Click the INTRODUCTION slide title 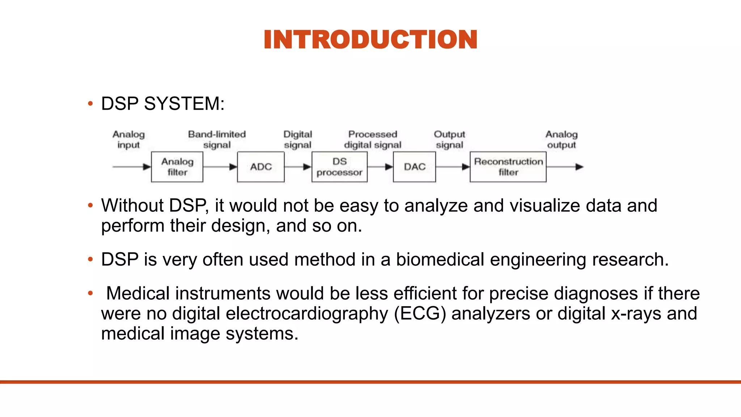pos(370,39)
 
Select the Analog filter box pos(177,167)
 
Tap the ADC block pos(261,167)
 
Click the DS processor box pos(339,167)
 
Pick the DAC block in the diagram pos(414,167)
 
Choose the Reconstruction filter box pos(508,167)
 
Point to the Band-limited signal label pos(217,139)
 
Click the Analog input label pos(128,139)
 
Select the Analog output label pos(561,139)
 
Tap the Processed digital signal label pos(373,139)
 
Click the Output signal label pos(449,139)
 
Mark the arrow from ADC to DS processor pos(298,167)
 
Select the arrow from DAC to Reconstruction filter pos(453,167)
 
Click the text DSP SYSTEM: pos(163,104)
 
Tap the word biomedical pos(440,260)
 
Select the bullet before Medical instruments pos(90,293)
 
